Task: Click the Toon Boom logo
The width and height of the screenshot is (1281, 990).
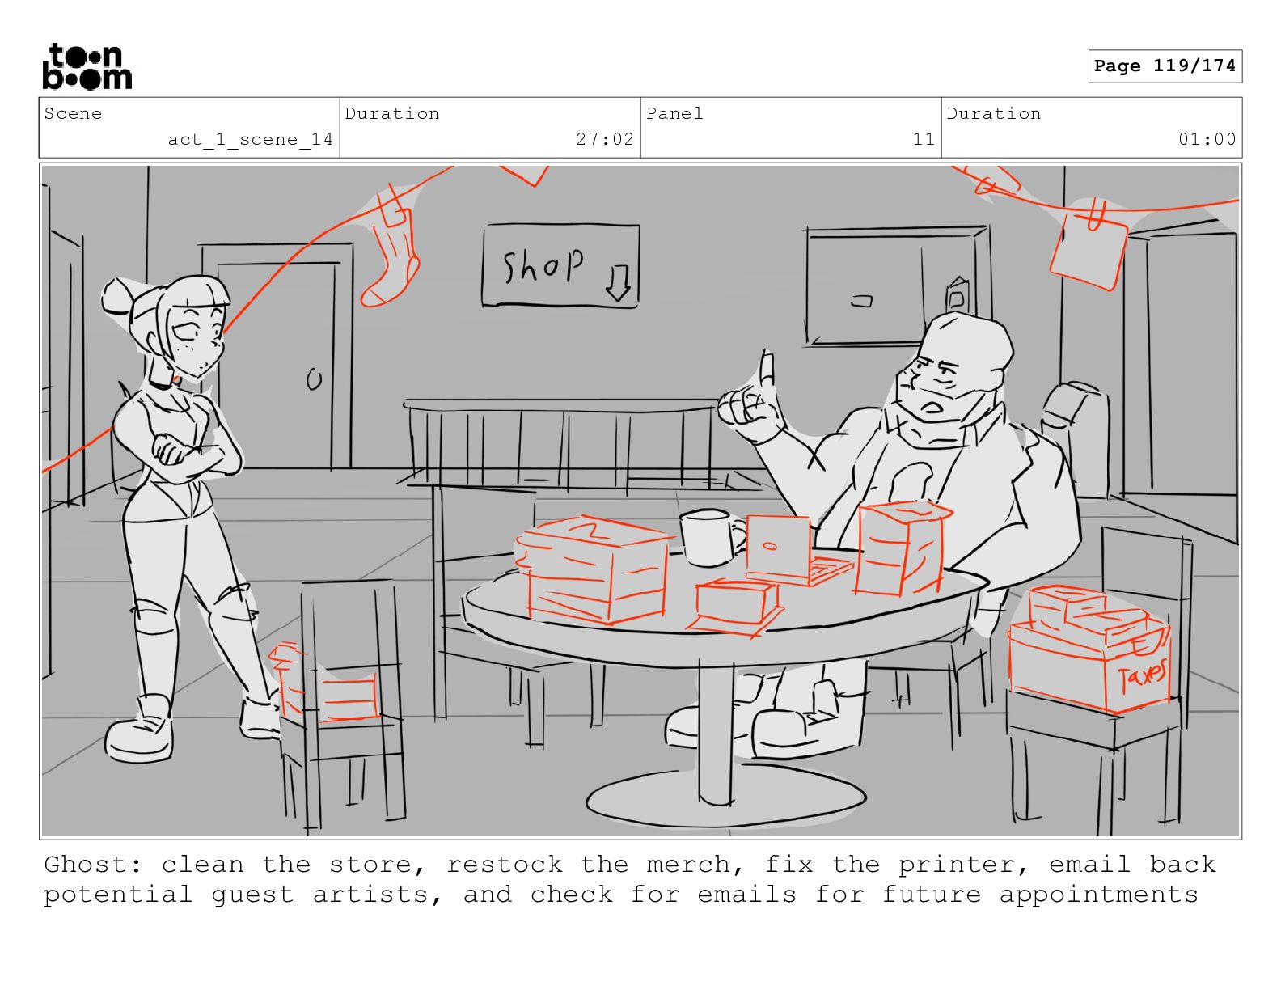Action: [87, 66]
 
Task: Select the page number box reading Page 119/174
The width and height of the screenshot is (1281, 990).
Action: [1165, 66]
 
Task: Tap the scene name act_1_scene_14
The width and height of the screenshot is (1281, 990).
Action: [250, 140]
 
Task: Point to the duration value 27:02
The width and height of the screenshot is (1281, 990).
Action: [604, 139]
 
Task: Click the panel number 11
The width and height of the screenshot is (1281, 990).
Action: [924, 139]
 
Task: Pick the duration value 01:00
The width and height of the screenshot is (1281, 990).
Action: [1207, 139]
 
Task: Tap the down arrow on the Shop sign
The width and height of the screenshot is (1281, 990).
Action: [619, 283]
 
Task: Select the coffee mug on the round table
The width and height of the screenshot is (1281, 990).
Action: [710, 537]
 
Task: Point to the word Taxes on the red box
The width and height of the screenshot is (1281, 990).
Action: [1142, 675]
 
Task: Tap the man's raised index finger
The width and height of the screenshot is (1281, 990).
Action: [767, 370]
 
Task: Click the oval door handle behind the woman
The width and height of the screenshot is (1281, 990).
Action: [315, 379]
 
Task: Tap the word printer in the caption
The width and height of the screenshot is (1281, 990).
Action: [964, 865]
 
